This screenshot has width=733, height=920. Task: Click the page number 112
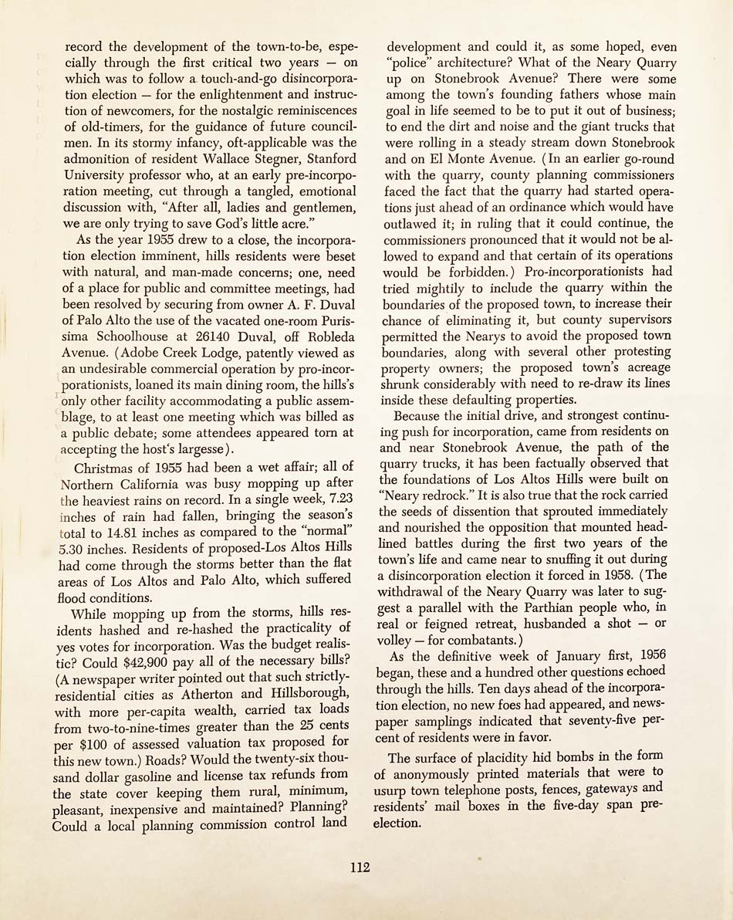tap(360, 867)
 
